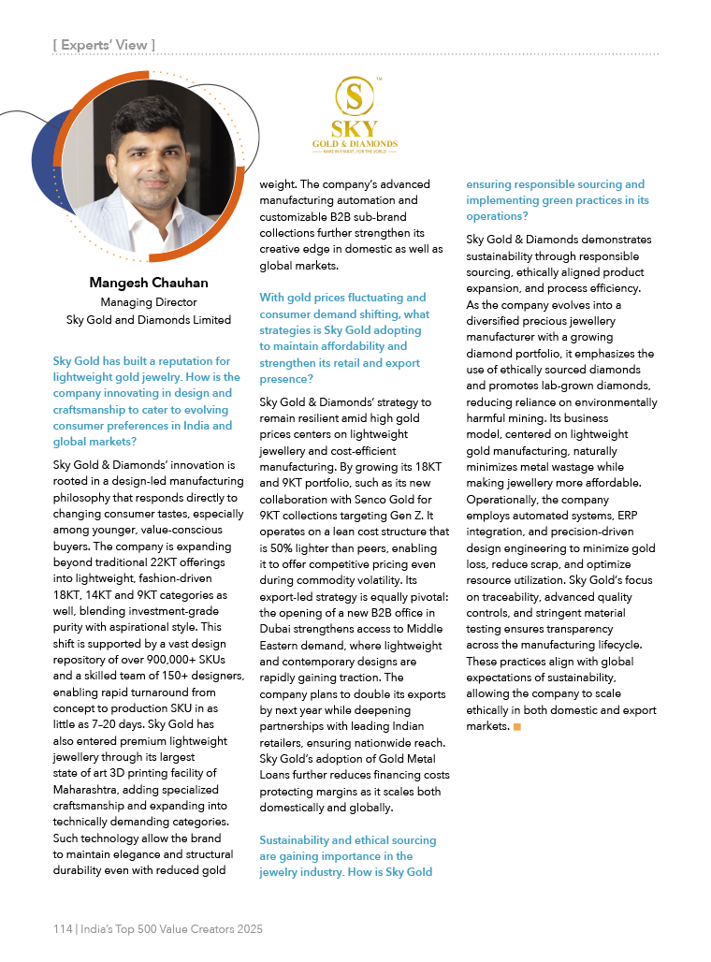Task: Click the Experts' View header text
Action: click(104, 44)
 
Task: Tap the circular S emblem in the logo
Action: click(354, 97)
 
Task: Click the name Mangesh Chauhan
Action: click(148, 283)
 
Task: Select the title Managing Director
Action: click(148, 302)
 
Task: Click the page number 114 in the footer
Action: click(63, 929)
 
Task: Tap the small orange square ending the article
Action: click(517, 726)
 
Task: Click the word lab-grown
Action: click(582, 386)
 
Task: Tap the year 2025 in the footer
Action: click(247, 929)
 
